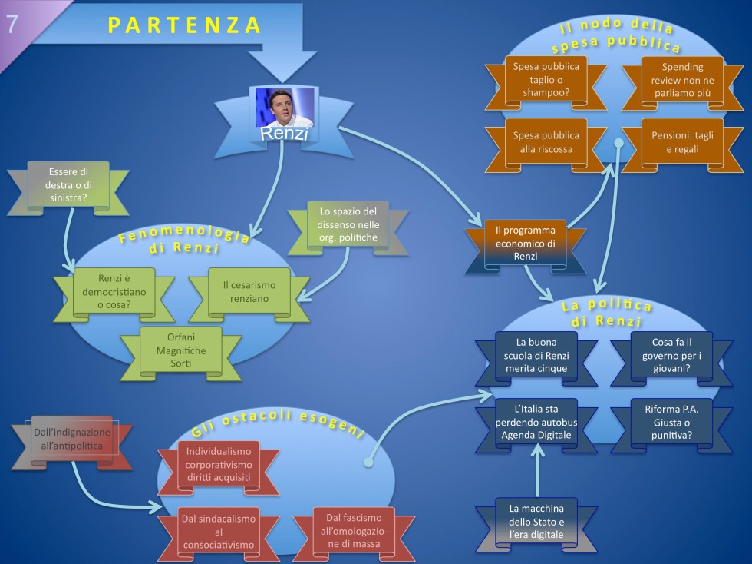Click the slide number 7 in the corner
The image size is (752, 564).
(x=13, y=24)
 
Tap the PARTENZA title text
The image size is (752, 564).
(x=185, y=25)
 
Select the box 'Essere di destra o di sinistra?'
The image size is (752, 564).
(x=68, y=185)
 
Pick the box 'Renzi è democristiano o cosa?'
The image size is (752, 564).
(x=114, y=292)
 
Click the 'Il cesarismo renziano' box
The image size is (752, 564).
(x=249, y=291)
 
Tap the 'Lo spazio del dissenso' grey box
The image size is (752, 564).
(x=348, y=223)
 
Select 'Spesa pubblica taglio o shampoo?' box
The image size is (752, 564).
(x=546, y=80)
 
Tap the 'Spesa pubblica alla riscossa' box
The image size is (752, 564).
(x=546, y=142)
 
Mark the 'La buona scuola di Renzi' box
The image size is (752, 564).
(x=536, y=355)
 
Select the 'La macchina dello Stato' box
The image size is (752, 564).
(x=536, y=522)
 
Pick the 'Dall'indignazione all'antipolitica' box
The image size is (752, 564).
(x=72, y=440)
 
